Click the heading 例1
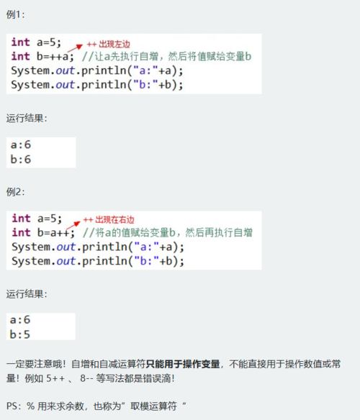[x=15, y=14]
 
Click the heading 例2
[x=15, y=192]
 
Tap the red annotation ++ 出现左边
[x=109, y=44]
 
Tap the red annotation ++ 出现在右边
[x=109, y=220]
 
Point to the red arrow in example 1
[x=75, y=48]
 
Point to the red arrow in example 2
[x=73, y=226]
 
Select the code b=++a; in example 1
[x=55, y=57]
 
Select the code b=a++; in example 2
[x=55, y=233]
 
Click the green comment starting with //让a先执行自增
[x=166, y=57]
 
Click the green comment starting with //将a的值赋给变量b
[x=168, y=232]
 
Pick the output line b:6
[x=21, y=160]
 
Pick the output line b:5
[x=20, y=334]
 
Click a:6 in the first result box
[x=21, y=145]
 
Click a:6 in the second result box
[x=20, y=320]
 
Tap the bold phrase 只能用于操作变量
[x=183, y=364]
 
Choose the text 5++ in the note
[x=55, y=378]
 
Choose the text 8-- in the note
[x=86, y=378]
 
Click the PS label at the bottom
[x=12, y=406]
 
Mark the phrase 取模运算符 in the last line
[x=153, y=406]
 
